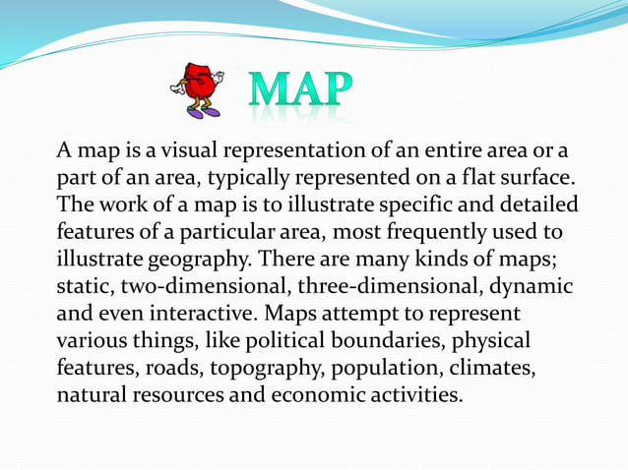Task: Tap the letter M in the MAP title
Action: [273, 90]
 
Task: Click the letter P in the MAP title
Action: [334, 90]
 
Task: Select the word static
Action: [85, 288]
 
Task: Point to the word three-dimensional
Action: [388, 288]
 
